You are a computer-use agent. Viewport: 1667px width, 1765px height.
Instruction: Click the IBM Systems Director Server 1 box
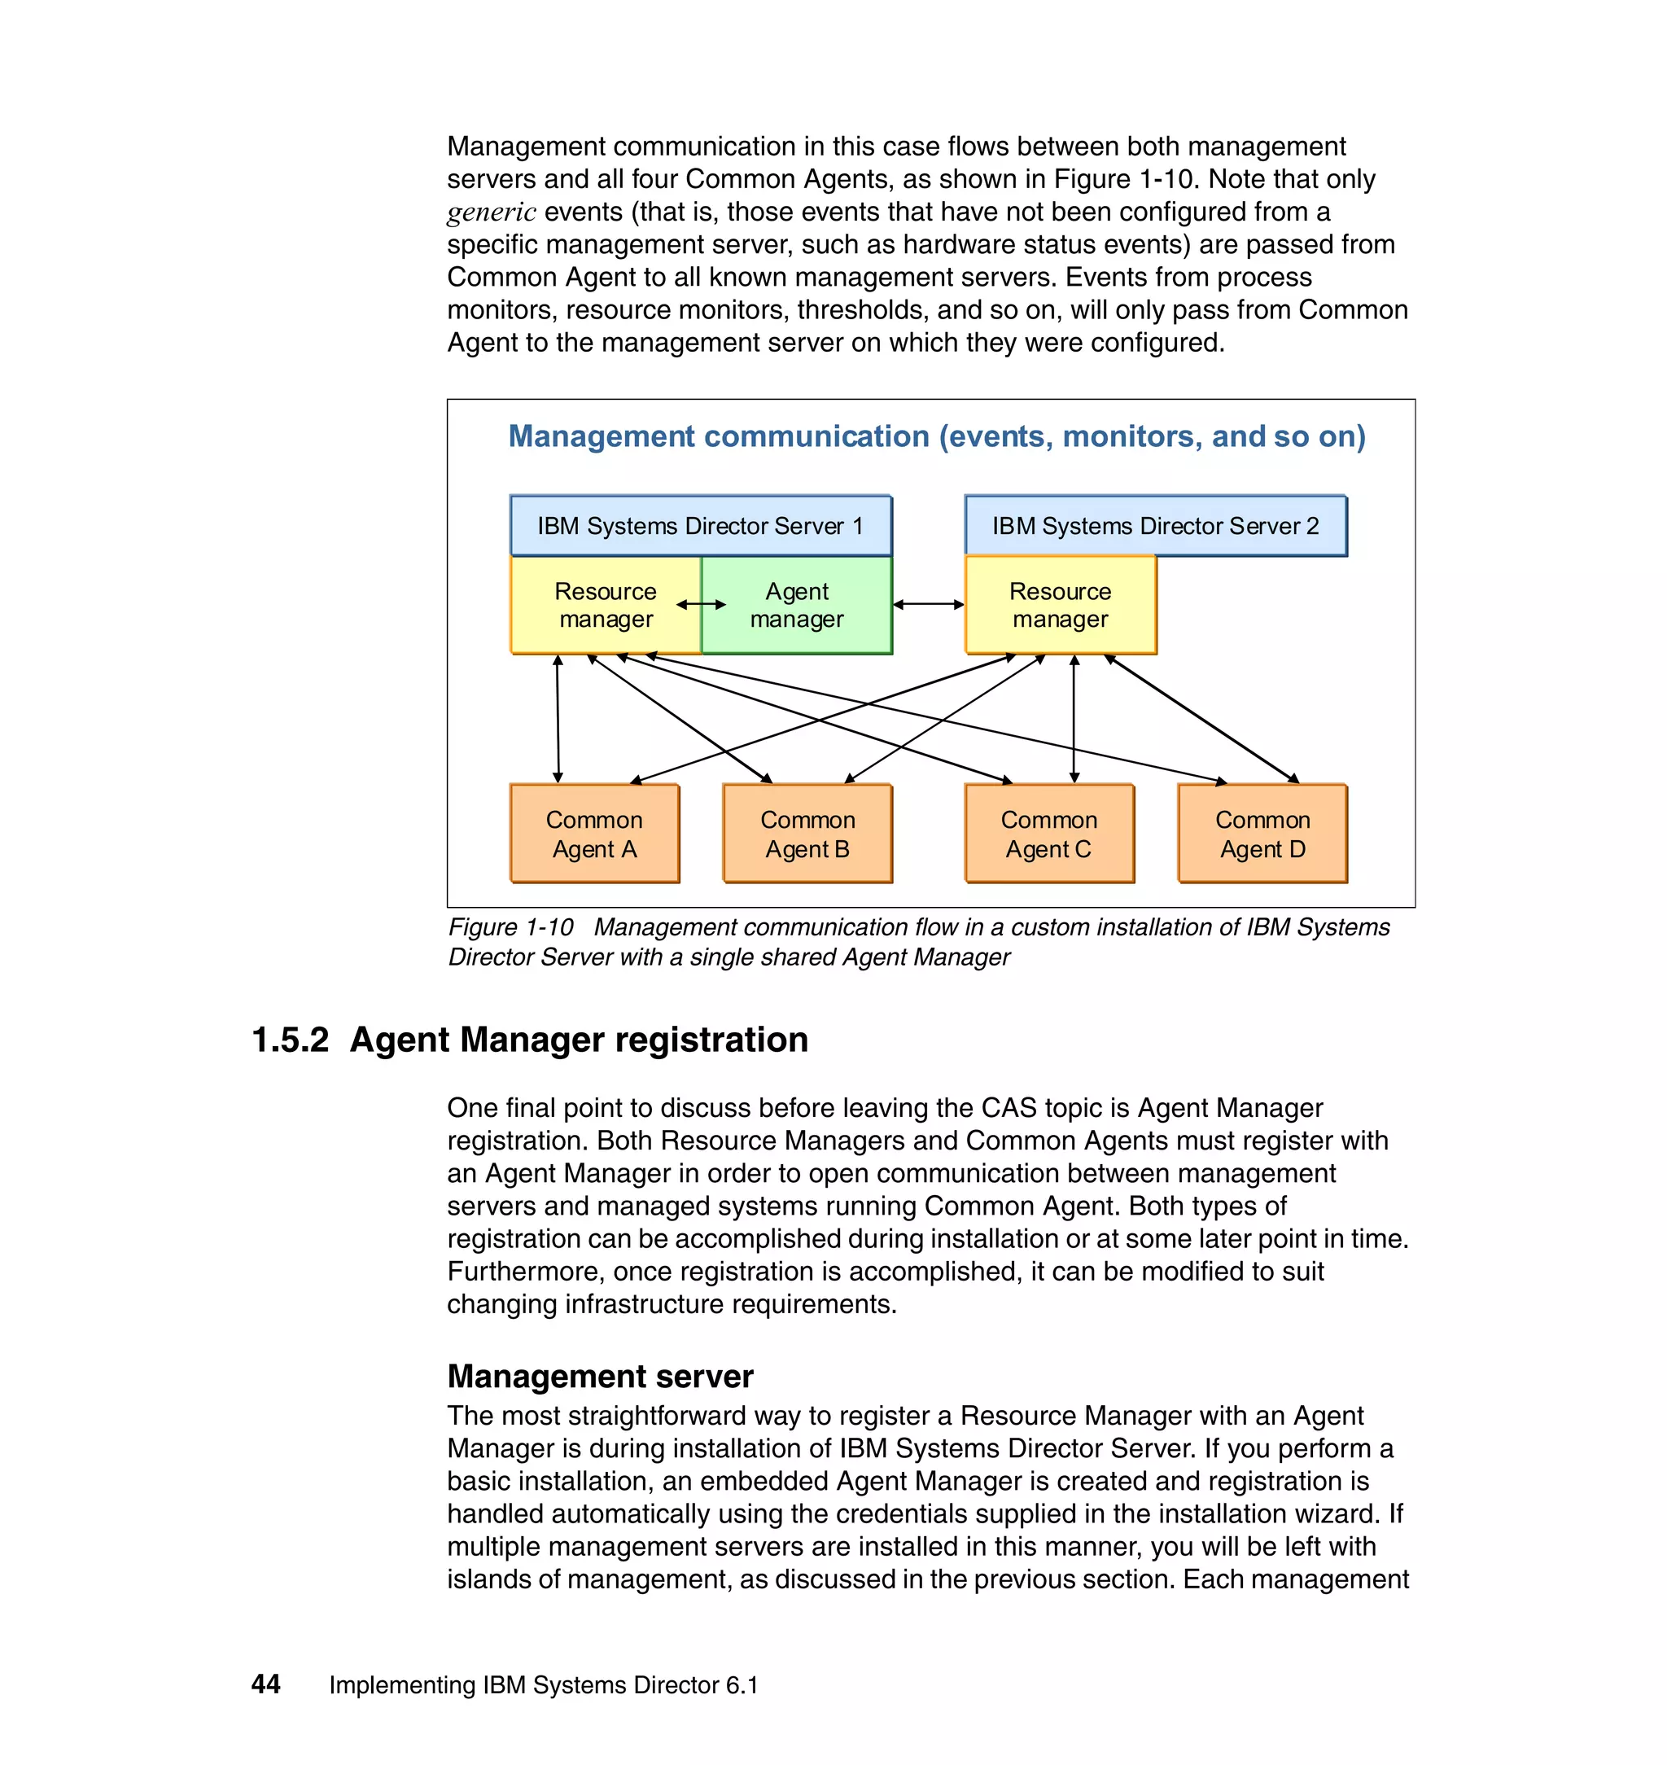[x=700, y=526]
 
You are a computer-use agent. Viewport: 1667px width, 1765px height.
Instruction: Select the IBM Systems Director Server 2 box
[x=1155, y=526]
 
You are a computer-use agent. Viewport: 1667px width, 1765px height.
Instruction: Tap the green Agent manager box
[x=797, y=605]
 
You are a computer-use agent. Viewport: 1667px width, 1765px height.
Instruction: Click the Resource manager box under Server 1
[x=605, y=605]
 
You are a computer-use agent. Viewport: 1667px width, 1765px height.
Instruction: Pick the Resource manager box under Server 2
[x=1060, y=605]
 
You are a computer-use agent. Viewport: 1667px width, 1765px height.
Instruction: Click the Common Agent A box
[x=594, y=834]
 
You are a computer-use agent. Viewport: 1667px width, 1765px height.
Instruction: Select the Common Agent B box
[x=807, y=834]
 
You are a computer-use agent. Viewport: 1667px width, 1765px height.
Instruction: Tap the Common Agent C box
[x=1049, y=834]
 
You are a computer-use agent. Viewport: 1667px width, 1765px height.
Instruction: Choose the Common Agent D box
[x=1262, y=834]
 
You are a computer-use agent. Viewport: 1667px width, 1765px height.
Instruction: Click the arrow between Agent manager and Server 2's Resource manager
[x=929, y=604]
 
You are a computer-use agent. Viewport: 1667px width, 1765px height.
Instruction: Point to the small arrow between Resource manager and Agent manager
[x=701, y=604]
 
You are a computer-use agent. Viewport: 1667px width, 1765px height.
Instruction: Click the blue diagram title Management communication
[x=937, y=436]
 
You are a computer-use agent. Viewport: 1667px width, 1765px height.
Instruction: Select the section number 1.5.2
[x=290, y=1040]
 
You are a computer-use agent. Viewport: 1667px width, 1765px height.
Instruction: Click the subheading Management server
[x=600, y=1376]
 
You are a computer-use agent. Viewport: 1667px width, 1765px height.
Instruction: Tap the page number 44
[x=265, y=1684]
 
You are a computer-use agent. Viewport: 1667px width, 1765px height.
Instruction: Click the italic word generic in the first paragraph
[x=492, y=212]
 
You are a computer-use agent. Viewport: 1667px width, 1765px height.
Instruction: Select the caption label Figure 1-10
[x=511, y=927]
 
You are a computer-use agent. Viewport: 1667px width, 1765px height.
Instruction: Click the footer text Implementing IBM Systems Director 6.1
[x=543, y=1685]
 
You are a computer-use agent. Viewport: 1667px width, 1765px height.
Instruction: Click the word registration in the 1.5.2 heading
[x=711, y=1040]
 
